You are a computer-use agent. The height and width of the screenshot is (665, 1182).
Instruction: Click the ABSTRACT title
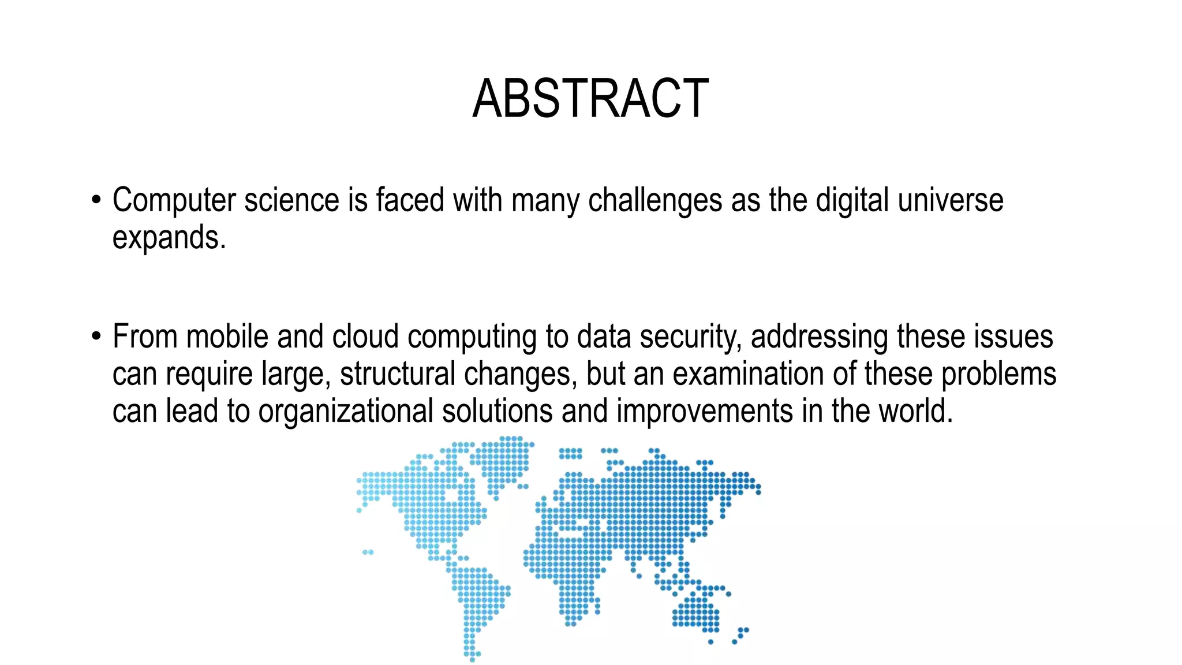coord(590,99)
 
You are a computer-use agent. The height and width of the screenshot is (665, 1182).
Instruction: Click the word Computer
coord(174,201)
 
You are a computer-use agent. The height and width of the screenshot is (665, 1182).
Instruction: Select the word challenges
coord(655,201)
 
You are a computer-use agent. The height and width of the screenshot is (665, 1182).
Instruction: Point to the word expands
coord(169,237)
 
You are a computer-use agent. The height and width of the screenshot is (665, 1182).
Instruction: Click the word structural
coord(398,374)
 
